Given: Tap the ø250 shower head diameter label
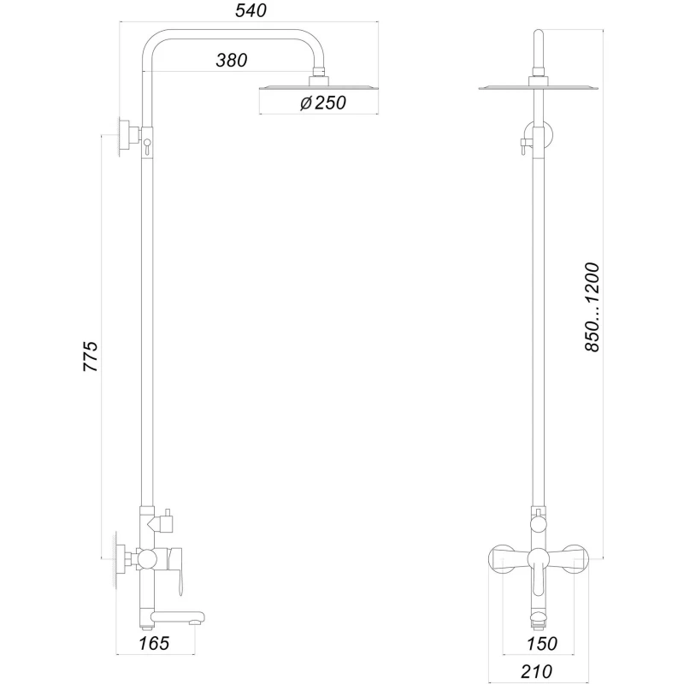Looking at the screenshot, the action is point(317,104).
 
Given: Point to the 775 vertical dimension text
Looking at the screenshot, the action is point(91,356).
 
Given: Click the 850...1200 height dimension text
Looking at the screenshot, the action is point(593,308).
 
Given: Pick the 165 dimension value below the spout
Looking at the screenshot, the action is point(155,643).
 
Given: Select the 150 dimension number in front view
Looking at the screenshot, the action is point(541,643).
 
